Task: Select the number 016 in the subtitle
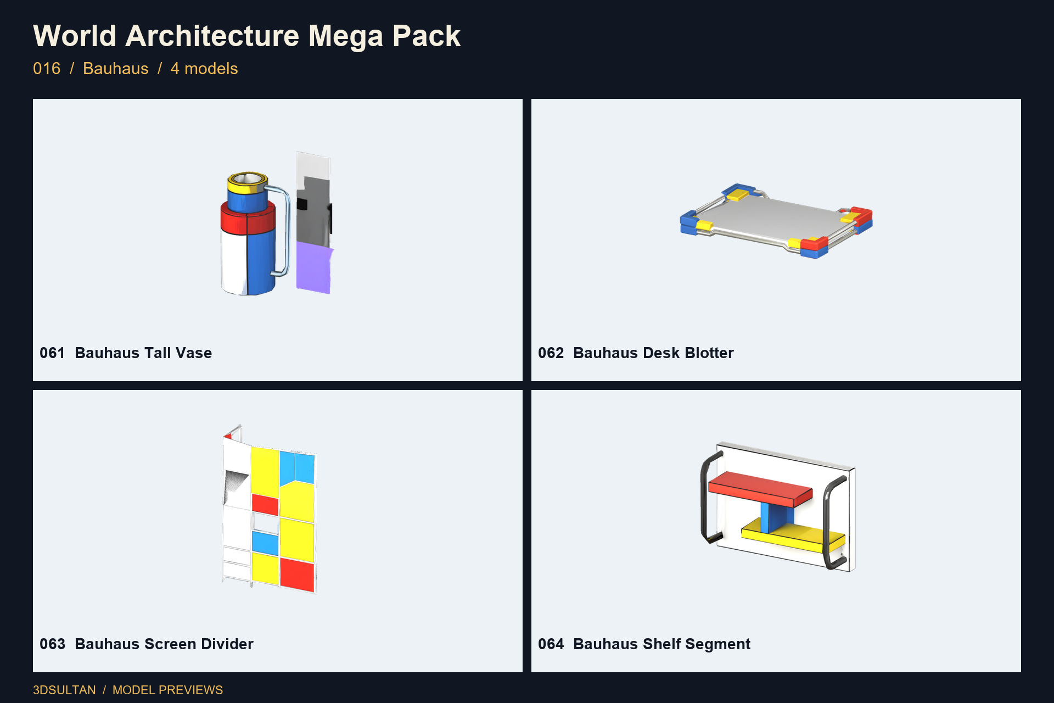[47, 69]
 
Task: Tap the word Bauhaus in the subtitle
[116, 69]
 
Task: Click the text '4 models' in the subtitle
[204, 69]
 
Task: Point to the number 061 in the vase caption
[52, 353]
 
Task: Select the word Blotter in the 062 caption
[709, 353]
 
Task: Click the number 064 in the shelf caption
[551, 644]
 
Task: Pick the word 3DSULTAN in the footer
[64, 690]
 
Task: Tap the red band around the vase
[248, 219]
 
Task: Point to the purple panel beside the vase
[314, 268]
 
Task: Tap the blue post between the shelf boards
[776, 517]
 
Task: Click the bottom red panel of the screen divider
[297, 574]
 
